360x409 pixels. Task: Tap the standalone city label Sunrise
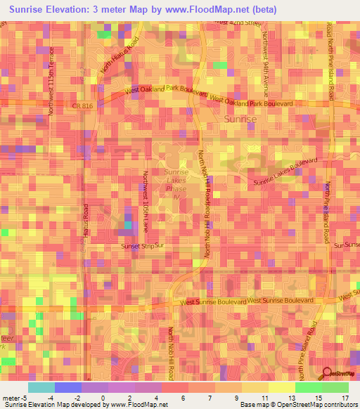tap(240, 119)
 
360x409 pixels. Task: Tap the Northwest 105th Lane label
tap(146, 202)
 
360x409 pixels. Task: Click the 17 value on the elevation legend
tap(345, 398)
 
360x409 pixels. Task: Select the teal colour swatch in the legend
tap(41, 387)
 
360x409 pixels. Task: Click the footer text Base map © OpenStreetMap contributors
tap(298, 405)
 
